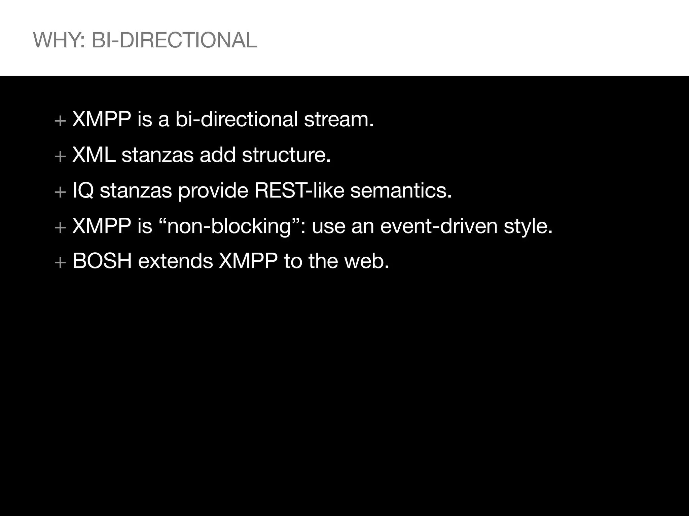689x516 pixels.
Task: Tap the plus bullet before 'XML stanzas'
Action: (60, 156)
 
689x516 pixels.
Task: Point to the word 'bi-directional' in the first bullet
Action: (237, 119)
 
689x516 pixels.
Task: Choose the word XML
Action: (94, 155)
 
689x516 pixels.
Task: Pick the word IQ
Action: (83, 191)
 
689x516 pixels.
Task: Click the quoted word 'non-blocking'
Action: (229, 226)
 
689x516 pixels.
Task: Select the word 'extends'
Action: (175, 261)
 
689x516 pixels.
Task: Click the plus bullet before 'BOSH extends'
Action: (60, 262)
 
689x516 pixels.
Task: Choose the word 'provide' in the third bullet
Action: (213, 191)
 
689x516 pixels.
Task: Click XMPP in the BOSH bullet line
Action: (248, 261)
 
